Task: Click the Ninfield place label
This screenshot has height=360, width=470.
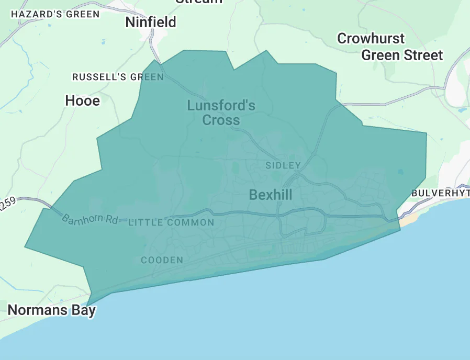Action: pyautogui.click(x=151, y=22)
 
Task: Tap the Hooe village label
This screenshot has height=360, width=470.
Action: pyautogui.click(x=82, y=100)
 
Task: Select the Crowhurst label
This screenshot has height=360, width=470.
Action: pyautogui.click(x=371, y=38)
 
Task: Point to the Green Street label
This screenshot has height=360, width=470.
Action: pyautogui.click(x=402, y=55)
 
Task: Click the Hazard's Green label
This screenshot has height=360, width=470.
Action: pyautogui.click(x=55, y=14)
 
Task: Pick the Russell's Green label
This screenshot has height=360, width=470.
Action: pyautogui.click(x=118, y=77)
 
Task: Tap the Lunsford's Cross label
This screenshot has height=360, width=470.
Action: pyautogui.click(x=221, y=113)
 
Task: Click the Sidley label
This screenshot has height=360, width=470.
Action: pyautogui.click(x=283, y=165)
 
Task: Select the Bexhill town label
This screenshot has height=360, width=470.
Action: pyautogui.click(x=271, y=195)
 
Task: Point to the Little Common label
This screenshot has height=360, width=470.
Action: pyautogui.click(x=171, y=222)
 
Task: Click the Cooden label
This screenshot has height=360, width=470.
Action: pyautogui.click(x=162, y=260)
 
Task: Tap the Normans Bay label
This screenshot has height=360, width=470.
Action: pyautogui.click(x=51, y=310)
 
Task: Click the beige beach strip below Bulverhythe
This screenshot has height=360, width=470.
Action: pyautogui.click(x=407, y=219)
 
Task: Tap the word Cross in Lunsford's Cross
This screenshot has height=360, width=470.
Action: pyautogui.click(x=221, y=120)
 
